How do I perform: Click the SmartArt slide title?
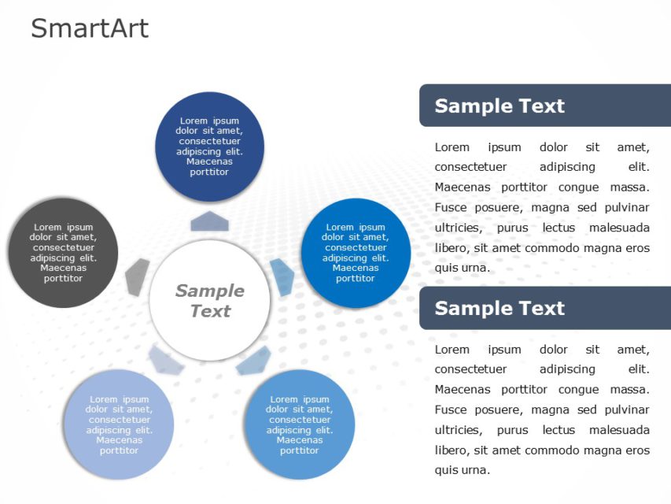[90, 28]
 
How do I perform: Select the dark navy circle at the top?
[209, 146]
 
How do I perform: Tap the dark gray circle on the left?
[63, 253]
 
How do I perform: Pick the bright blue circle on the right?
[356, 253]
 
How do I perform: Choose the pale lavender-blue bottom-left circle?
[119, 424]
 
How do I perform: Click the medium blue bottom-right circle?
[300, 424]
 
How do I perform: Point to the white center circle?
[209, 301]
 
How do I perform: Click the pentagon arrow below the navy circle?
[209, 221]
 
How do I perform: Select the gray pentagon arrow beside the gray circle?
[138, 275]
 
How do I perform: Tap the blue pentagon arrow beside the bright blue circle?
[282, 276]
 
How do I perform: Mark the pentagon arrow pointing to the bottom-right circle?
[253, 360]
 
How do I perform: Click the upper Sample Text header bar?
[544, 106]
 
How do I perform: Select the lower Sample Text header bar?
[544, 308]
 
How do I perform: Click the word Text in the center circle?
[210, 311]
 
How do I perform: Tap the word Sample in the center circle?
[209, 291]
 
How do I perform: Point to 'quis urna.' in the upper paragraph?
[463, 268]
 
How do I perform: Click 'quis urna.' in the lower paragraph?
[463, 470]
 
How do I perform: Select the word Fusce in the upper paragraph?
[451, 208]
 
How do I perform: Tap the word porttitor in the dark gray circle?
[63, 278]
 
